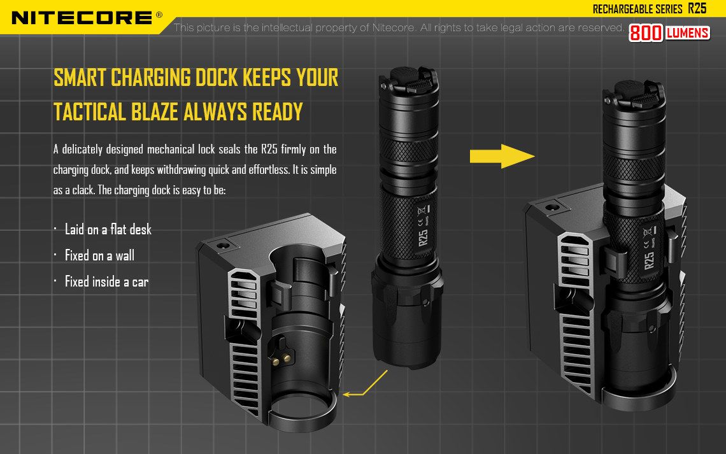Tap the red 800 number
click(645, 33)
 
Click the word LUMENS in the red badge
click(688, 32)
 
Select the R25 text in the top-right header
click(697, 8)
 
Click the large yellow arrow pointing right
click(502, 156)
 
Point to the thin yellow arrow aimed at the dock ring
click(365, 384)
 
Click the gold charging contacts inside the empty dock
click(281, 358)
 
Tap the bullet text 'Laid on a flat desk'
click(108, 229)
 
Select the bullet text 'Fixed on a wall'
click(99, 255)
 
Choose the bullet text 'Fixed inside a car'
click(106, 281)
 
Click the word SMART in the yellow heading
click(80, 78)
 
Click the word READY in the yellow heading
click(277, 112)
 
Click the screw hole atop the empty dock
click(222, 245)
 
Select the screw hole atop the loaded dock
click(550, 206)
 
